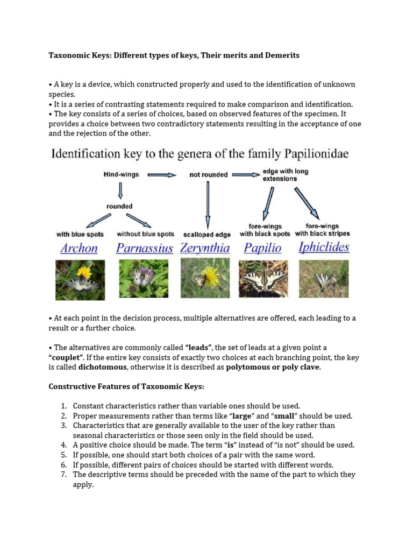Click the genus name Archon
point(79,248)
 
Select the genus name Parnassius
point(145,248)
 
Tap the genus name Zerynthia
point(205,248)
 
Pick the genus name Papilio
point(262,248)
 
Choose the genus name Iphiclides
point(324,248)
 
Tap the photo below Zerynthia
point(205,278)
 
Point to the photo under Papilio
point(263,279)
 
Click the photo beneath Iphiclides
point(324,279)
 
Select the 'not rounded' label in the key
point(208,174)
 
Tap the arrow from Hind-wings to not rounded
point(162,174)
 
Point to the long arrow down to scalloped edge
point(208,205)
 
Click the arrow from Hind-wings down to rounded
point(121,190)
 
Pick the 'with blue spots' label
point(80,234)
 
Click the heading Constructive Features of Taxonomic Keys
point(127,387)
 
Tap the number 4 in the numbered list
point(63,445)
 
